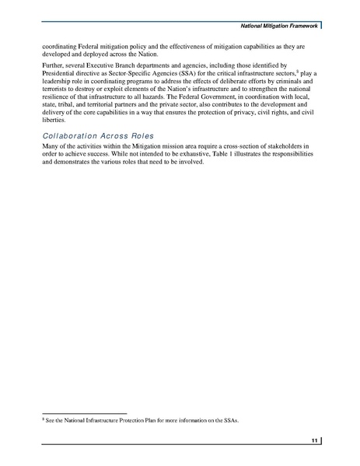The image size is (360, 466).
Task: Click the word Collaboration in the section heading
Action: [72, 137]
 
